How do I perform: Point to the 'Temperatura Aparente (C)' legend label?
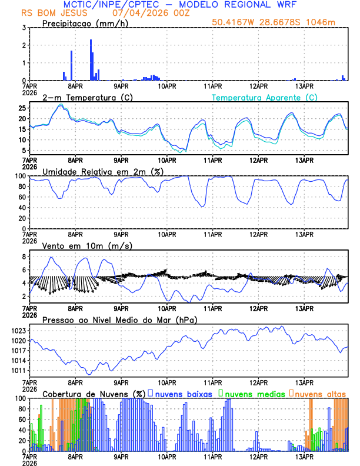tap(264, 97)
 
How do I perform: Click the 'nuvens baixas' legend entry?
tap(182, 393)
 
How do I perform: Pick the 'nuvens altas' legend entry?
tap(320, 393)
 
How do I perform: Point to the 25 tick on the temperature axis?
tap(22, 108)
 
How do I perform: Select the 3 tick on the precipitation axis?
tap(25, 28)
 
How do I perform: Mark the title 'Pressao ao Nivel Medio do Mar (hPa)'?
tap(119, 319)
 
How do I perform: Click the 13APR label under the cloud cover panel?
tap(304, 457)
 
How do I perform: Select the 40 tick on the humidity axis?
tap(22, 208)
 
